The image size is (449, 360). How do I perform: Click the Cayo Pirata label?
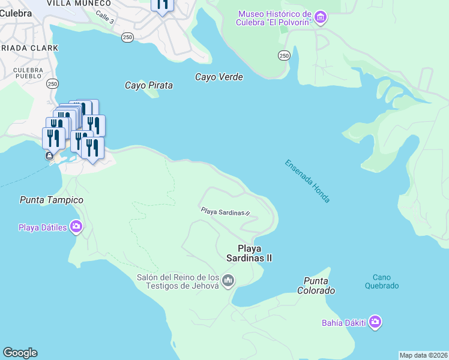[148, 85]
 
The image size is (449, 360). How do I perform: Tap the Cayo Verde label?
[218, 77]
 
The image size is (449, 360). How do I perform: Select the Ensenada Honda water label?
[307, 181]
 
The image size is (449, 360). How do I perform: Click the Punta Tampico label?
[51, 200]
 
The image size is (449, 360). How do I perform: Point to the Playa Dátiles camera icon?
[76, 227]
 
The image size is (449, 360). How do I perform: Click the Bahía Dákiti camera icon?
[375, 323]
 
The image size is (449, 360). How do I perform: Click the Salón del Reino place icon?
[228, 280]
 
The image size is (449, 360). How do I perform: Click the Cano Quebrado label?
[382, 281]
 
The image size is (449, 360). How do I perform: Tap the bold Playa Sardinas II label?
[255, 253]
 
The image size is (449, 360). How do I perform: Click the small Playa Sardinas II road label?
[224, 212]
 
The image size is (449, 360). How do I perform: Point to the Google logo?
[20, 353]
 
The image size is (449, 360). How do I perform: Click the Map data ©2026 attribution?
[424, 355]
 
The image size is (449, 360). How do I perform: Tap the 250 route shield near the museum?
[285, 55]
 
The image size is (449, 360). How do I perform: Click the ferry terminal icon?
[49, 156]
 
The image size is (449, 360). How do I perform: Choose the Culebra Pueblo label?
[28, 74]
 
